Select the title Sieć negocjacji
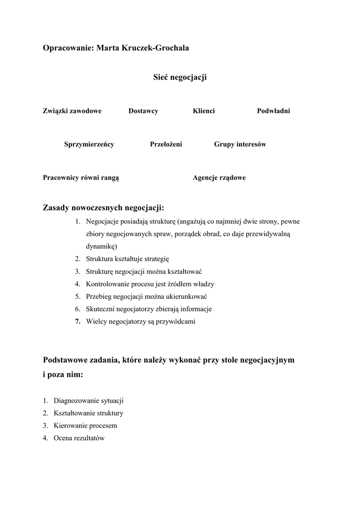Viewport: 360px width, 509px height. [x=180, y=77]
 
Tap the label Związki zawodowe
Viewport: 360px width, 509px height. [x=72, y=111]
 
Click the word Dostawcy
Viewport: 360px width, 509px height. [x=143, y=111]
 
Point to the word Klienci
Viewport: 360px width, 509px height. [x=204, y=111]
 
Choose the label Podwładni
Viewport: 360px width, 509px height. [x=273, y=111]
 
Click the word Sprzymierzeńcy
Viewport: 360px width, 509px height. [x=89, y=144]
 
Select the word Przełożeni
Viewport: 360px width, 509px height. [x=166, y=144]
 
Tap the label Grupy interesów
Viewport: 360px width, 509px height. [x=240, y=144]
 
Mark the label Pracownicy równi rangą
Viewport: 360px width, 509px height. [x=81, y=177]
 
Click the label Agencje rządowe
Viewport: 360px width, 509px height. [x=219, y=177]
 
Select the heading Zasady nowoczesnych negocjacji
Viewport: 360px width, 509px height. [x=103, y=207]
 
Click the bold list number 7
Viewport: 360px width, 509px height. [x=78, y=322]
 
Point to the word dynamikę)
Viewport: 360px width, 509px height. [x=101, y=246]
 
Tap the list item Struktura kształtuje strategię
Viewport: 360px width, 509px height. [x=127, y=259]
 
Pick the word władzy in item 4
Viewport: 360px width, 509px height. [x=204, y=284]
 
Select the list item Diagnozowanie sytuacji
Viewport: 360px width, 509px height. [x=89, y=401]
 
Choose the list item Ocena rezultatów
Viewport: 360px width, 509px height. [x=79, y=438]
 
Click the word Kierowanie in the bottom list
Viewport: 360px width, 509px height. [x=69, y=426]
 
